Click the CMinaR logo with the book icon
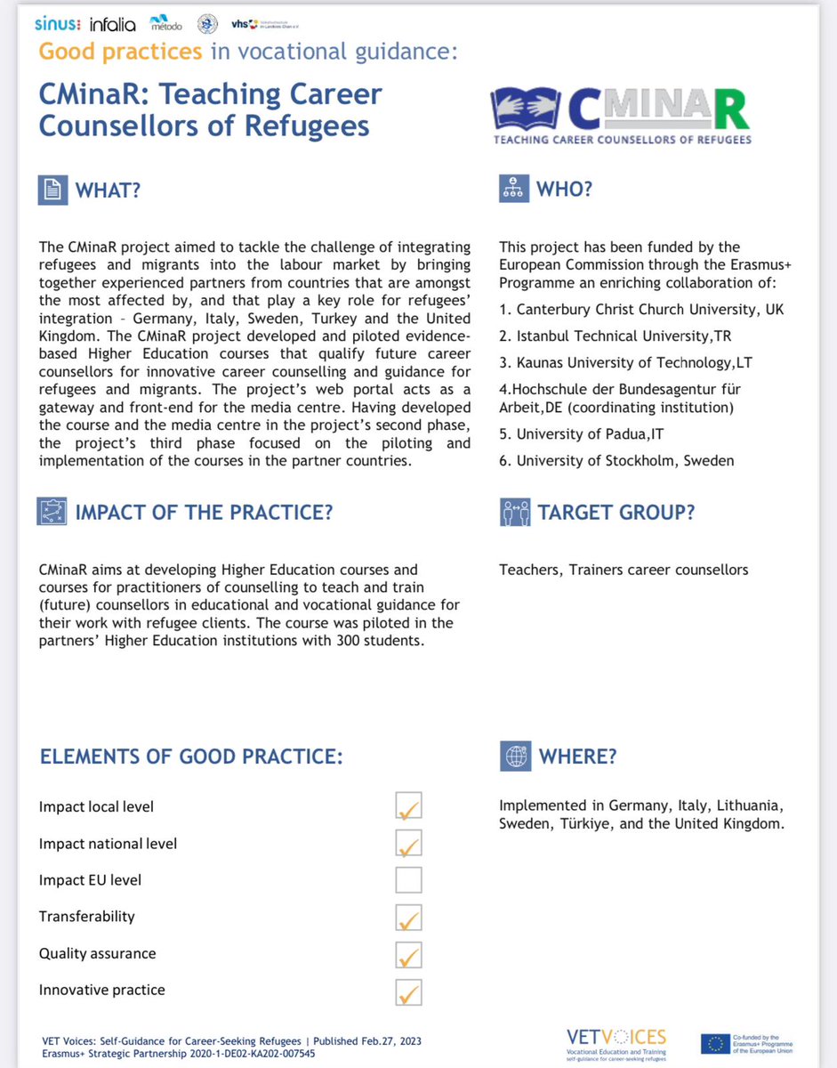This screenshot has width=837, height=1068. point(620,114)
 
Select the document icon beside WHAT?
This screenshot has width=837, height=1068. point(53,189)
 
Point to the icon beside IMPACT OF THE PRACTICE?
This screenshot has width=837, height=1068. point(53,512)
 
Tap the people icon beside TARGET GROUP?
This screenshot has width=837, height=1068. point(515,512)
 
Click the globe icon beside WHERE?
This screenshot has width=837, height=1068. point(515,756)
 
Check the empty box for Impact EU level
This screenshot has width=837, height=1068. point(408,880)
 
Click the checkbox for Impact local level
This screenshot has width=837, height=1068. point(408,807)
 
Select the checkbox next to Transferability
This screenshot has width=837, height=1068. point(408,917)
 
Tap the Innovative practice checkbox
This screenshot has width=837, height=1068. point(408,991)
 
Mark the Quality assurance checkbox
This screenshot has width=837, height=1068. point(408,954)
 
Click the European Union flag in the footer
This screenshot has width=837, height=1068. point(717,1043)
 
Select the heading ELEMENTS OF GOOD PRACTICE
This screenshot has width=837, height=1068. point(191,756)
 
